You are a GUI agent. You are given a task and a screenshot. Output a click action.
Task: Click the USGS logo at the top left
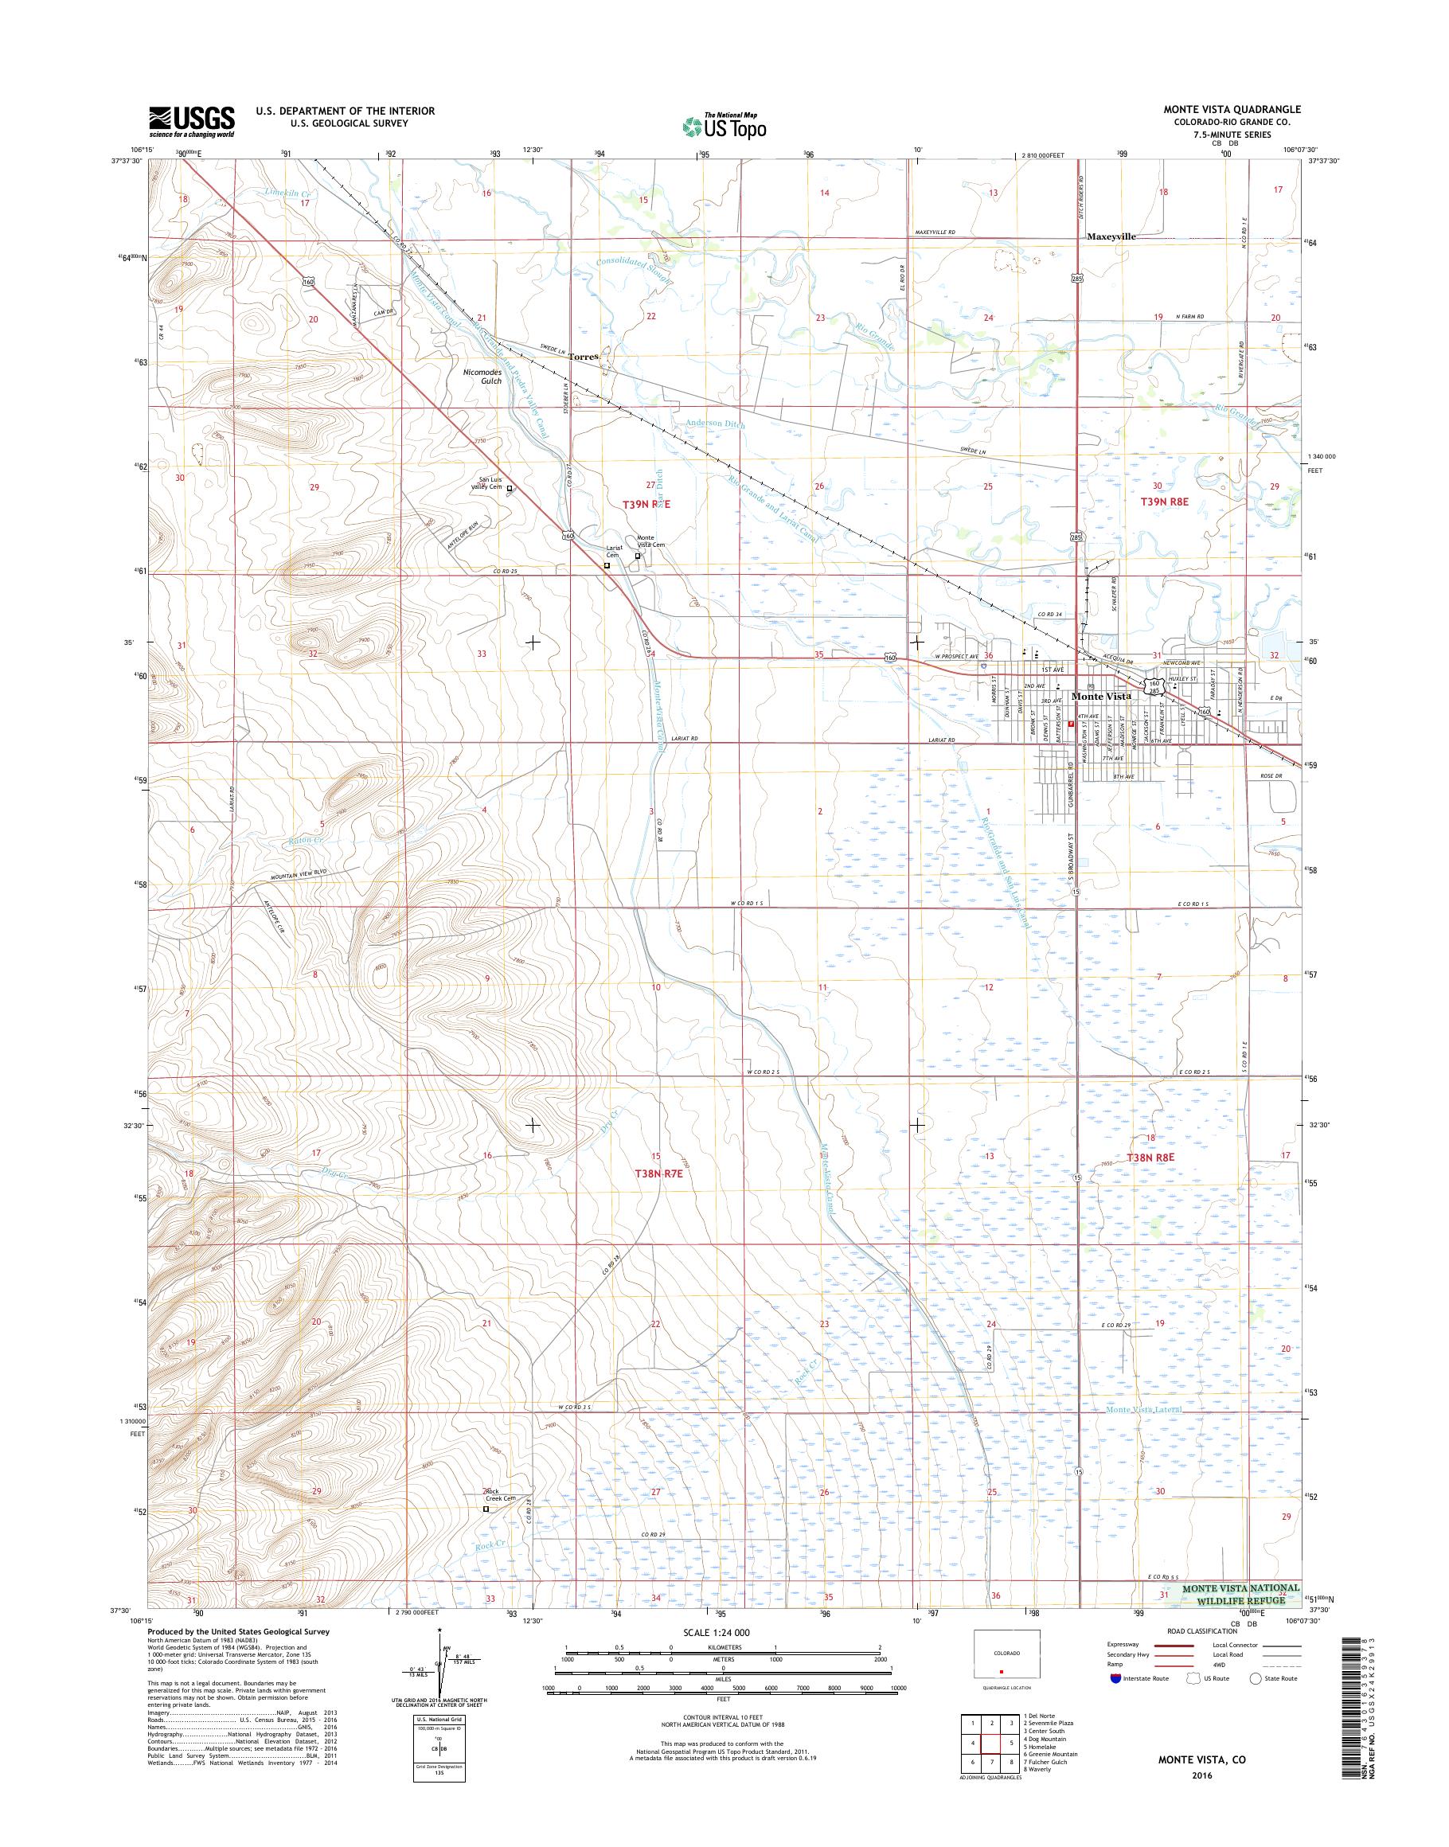192,122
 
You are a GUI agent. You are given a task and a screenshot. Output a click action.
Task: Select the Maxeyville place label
1111,236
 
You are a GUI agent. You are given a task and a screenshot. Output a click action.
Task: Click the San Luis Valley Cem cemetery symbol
510,489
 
